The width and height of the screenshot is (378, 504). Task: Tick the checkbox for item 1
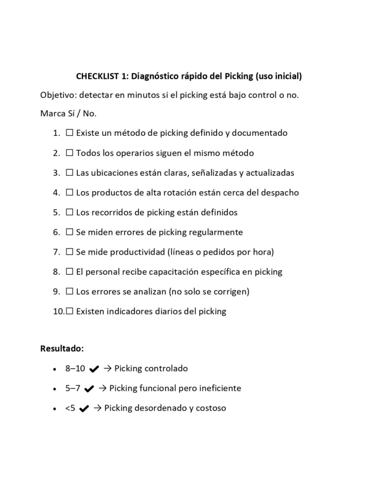pos(69,133)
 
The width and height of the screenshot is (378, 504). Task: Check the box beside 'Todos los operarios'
pos(69,153)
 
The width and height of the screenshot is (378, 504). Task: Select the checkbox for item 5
pos(69,213)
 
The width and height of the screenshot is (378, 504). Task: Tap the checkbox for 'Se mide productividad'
pos(69,252)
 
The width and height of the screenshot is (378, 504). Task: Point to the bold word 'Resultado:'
pos(62,348)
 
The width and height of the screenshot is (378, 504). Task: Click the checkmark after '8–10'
pos(95,369)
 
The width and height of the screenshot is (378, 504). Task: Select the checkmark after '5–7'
pos(89,389)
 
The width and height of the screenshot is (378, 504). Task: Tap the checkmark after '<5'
pos(84,409)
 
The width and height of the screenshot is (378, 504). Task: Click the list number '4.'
pos(56,192)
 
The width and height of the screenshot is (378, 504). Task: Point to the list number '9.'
pos(56,291)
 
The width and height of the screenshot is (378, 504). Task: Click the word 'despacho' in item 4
pos(280,192)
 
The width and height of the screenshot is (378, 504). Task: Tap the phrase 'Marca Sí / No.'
pos(68,114)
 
